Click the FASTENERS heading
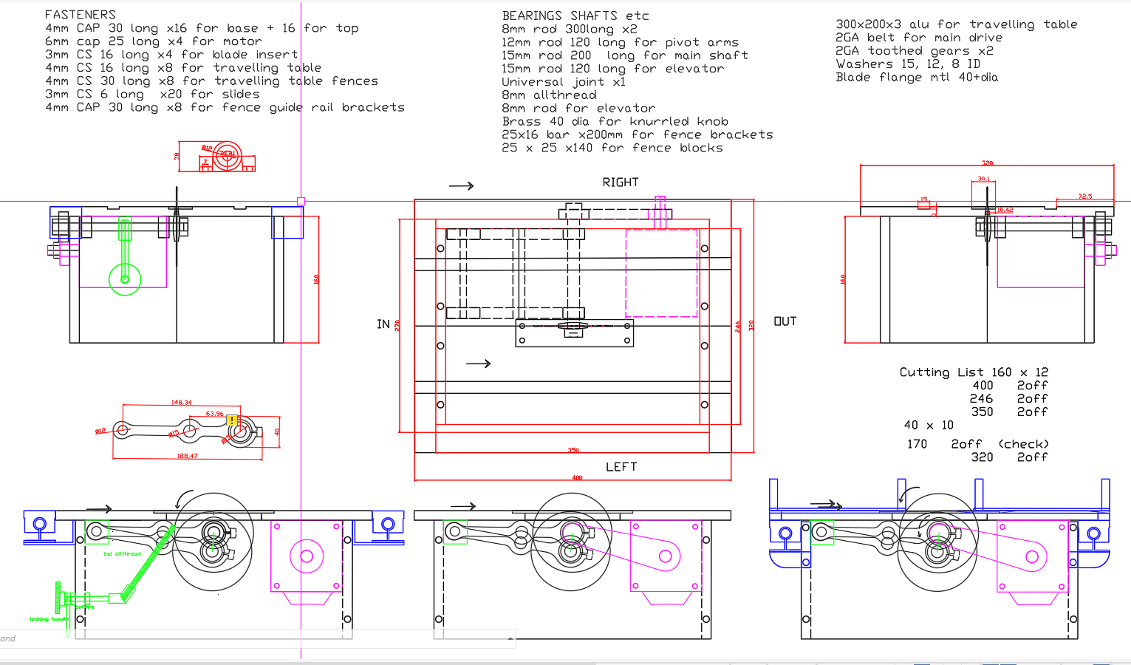click(x=81, y=15)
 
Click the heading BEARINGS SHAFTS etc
click(x=575, y=16)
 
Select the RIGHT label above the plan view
click(x=621, y=183)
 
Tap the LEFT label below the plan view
click(x=621, y=467)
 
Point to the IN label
click(x=383, y=324)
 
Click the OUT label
click(x=785, y=321)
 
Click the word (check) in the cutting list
click(x=1023, y=444)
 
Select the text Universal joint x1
click(x=564, y=82)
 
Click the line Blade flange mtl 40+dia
click(x=917, y=78)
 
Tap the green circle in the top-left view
click(x=125, y=279)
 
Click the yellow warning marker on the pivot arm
click(x=233, y=420)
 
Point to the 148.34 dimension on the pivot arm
click(x=182, y=403)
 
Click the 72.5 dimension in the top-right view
click(x=1084, y=196)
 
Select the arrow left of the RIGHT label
click(x=462, y=186)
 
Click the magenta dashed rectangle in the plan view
click(x=661, y=273)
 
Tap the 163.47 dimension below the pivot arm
click(x=188, y=456)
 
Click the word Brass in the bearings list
click(x=522, y=122)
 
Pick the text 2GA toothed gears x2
click(x=915, y=51)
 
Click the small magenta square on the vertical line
click(x=301, y=201)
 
